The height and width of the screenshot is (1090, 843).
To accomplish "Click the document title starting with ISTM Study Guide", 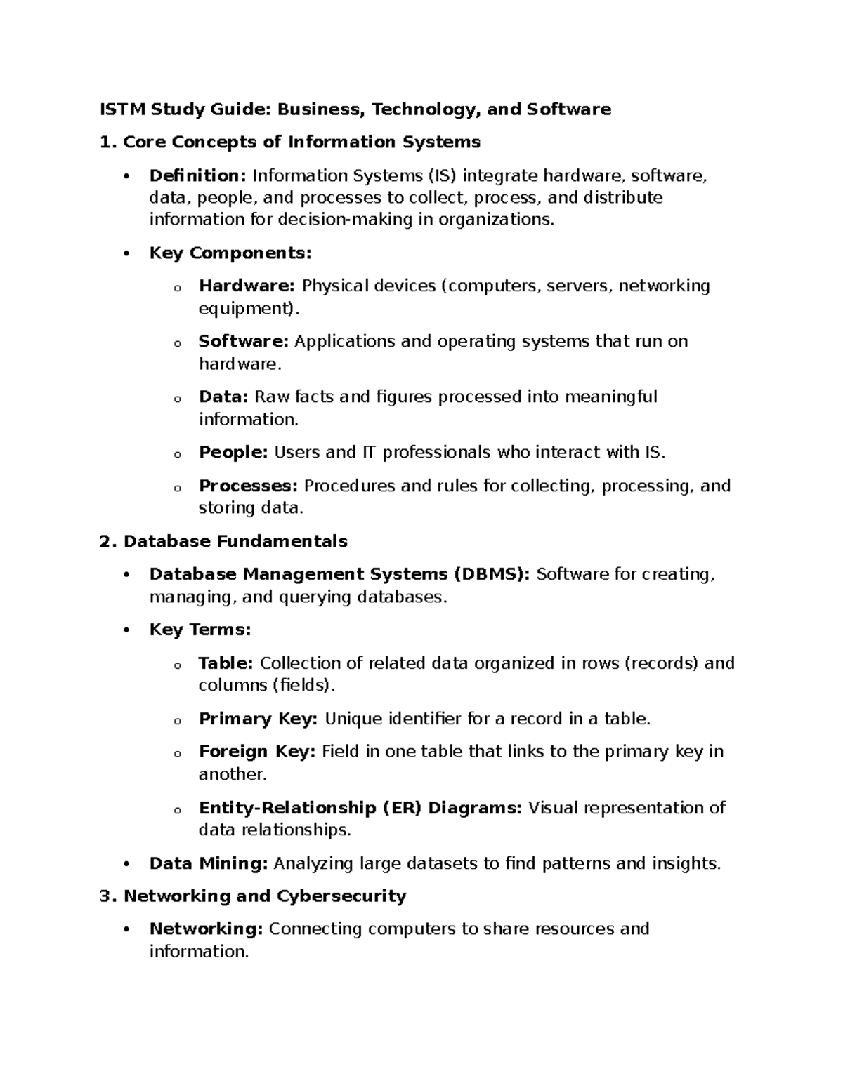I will (x=355, y=109).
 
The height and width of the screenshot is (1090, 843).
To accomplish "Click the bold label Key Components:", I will (x=230, y=253).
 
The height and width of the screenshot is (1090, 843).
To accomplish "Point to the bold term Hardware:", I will (x=247, y=286).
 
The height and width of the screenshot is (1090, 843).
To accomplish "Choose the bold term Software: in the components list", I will (x=243, y=342).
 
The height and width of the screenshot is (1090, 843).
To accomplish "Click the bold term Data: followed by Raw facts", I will (x=223, y=397).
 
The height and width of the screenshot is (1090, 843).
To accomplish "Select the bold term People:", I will (x=233, y=453).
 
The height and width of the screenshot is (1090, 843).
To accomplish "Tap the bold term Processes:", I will (x=249, y=486).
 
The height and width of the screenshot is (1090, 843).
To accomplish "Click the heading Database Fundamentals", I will (x=235, y=541).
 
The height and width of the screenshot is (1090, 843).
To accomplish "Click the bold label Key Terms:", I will (x=200, y=630).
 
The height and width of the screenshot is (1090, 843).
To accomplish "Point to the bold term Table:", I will (x=226, y=663).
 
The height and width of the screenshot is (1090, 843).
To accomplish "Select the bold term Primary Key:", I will (x=259, y=719).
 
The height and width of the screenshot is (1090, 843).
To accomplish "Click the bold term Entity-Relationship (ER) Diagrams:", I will (x=360, y=808).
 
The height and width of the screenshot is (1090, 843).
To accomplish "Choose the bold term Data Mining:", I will (x=209, y=863).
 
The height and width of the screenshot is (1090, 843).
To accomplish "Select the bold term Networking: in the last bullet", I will (x=206, y=929).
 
